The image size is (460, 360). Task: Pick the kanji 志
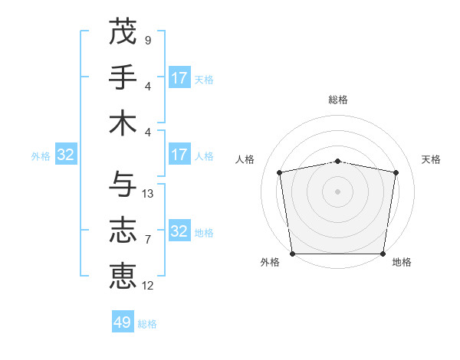123,231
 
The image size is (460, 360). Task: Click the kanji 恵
123,277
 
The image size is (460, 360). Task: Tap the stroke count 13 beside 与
148,194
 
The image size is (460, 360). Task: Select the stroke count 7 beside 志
147,240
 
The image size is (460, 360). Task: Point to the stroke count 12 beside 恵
148,286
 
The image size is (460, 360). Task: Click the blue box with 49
123,322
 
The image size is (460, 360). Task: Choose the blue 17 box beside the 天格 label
179,78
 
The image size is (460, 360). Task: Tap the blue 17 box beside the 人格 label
179,155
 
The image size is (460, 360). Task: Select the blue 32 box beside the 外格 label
66,155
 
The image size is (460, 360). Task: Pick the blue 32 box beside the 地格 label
179,231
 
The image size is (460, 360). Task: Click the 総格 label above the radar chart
338,100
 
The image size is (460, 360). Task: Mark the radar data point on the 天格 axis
396,172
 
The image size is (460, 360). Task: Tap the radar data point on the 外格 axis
292,254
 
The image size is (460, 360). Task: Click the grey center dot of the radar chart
338,191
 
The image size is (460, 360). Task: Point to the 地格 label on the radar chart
402,263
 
